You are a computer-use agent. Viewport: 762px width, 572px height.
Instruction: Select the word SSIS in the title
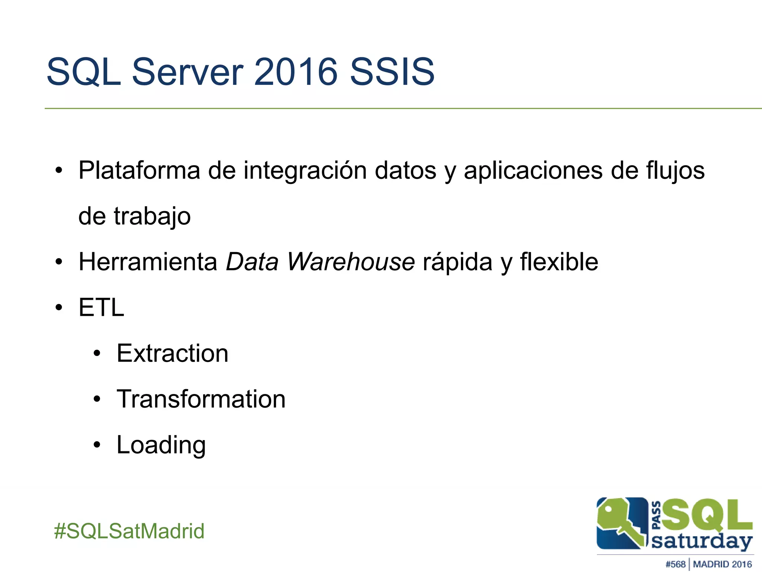[392, 71]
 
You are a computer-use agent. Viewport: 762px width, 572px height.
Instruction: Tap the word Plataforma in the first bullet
[139, 171]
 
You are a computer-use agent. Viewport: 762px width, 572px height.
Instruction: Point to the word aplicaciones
[533, 171]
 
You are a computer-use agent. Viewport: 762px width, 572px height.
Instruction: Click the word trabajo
[152, 216]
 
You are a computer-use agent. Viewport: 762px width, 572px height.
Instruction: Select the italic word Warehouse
[350, 262]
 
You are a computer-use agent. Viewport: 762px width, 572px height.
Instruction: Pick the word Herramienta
[148, 262]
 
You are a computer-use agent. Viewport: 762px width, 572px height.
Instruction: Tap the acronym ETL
[101, 308]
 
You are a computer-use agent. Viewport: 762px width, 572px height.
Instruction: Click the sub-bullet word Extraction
[172, 353]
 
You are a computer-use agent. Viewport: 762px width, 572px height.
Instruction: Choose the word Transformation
[201, 399]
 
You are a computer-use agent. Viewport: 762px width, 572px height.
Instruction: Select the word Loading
[161, 445]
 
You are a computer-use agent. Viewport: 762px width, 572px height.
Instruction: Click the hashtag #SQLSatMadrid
[129, 531]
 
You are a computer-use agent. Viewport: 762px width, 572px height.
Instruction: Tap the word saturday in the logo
[701, 541]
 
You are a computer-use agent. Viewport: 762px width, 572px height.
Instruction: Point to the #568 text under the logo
[675, 564]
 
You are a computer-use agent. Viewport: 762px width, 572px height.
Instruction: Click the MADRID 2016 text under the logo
[722, 564]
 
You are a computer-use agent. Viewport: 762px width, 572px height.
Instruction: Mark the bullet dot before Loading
[97, 445]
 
